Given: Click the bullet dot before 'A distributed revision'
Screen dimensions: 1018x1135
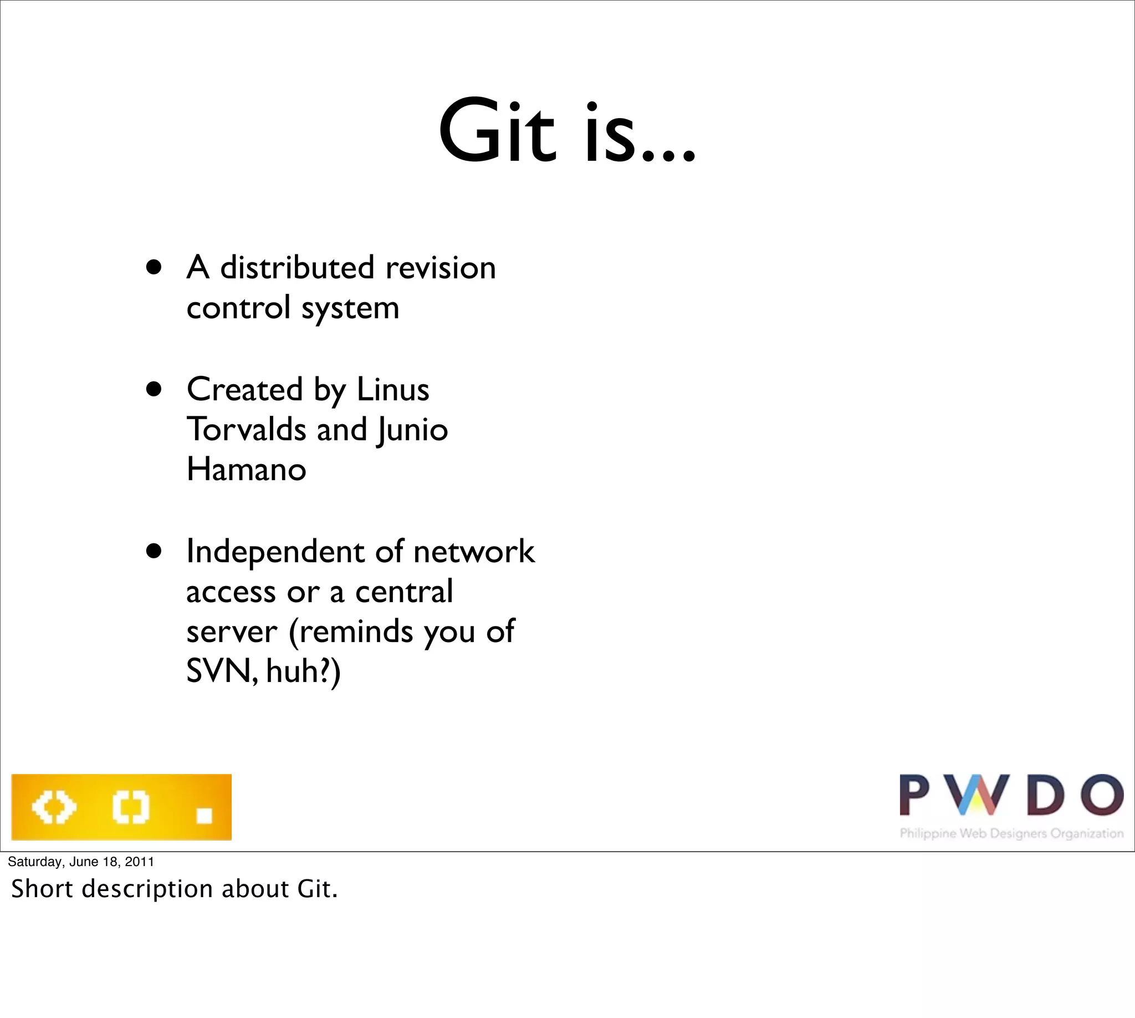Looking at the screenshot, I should [x=154, y=267].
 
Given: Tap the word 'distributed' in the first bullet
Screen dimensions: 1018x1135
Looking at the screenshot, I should [x=297, y=267].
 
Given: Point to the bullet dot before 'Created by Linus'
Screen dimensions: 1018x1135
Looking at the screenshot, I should [x=154, y=389].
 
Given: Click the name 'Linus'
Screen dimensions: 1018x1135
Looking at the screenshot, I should [x=392, y=389].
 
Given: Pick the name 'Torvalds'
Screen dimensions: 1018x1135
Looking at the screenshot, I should [x=246, y=430].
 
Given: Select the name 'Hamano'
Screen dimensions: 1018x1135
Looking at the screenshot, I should [x=246, y=469].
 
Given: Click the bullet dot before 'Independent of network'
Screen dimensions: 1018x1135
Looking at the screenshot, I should [x=154, y=552].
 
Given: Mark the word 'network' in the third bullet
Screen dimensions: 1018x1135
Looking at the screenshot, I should [x=474, y=552].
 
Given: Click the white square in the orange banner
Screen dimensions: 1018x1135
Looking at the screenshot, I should [x=204, y=816].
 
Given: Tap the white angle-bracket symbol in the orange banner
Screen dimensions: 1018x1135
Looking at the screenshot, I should [x=54, y=807].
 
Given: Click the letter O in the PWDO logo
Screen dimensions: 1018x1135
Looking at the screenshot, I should [x=1101, y=794].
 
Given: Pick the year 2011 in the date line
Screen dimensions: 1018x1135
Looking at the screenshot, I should [x=139, y=862].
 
